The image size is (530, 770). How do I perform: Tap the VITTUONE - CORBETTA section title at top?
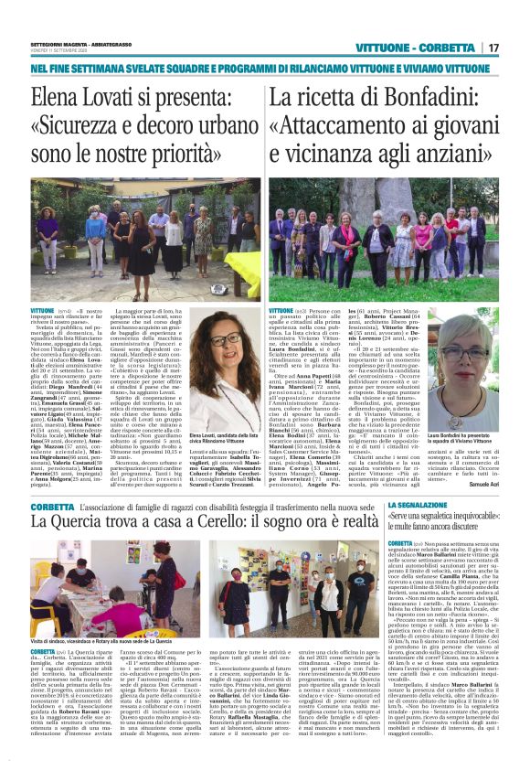tap(427, 48)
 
